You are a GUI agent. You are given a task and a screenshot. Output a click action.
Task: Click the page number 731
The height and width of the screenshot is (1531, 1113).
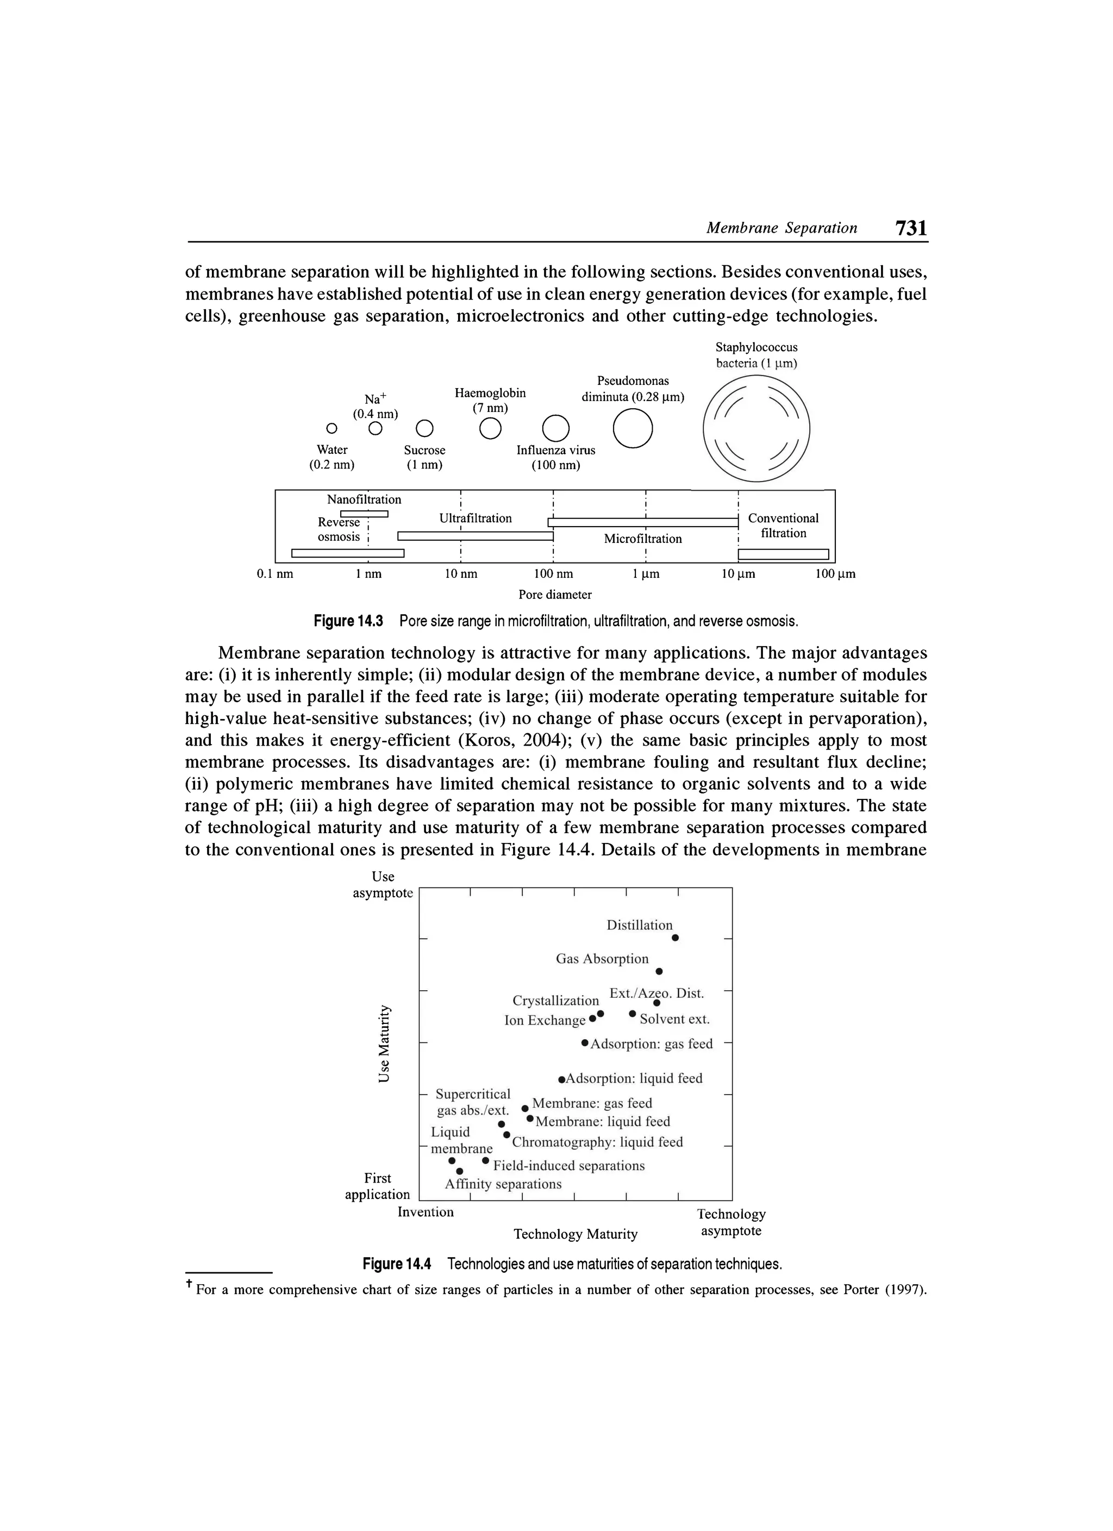coord(910,228)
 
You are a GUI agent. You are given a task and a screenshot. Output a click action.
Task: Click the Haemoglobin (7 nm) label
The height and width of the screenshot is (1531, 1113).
coord(490,401)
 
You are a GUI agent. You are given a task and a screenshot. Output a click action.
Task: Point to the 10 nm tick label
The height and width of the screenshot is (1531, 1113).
coord(460,574)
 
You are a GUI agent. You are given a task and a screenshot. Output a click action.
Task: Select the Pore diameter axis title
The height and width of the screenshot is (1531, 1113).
coord(555,595)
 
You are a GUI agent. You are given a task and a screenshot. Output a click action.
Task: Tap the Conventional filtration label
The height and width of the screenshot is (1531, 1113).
coord(783,525)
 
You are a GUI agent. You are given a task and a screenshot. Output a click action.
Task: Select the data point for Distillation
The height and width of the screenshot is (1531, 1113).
coord(675,938)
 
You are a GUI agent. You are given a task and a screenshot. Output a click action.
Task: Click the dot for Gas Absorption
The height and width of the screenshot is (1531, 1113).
coord(659,971)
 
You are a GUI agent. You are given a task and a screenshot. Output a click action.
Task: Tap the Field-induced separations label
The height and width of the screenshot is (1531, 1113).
coord(569,1166)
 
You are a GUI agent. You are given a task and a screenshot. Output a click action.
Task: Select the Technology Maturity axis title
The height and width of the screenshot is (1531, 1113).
coord(575,1234)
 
